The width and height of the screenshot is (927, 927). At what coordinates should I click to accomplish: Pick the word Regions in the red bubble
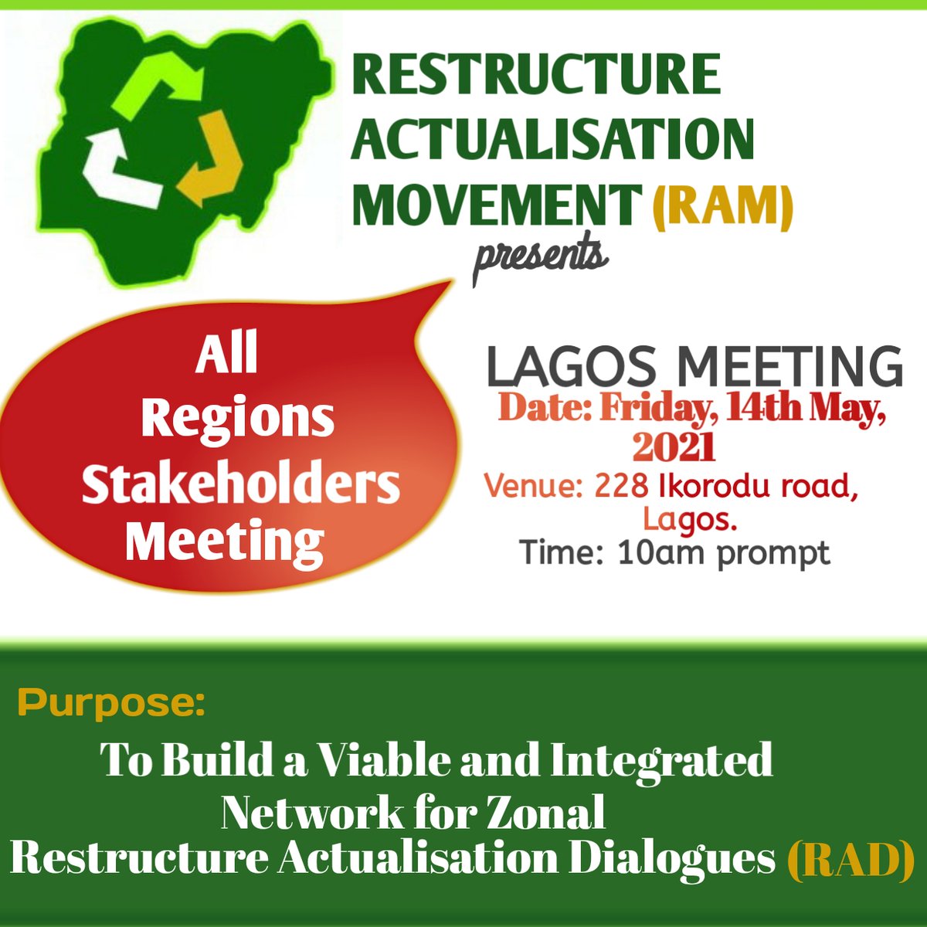point(237,419)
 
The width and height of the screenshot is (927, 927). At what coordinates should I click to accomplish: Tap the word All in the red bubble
point(226,355)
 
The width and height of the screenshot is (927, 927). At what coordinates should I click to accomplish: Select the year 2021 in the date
point(674,447)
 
